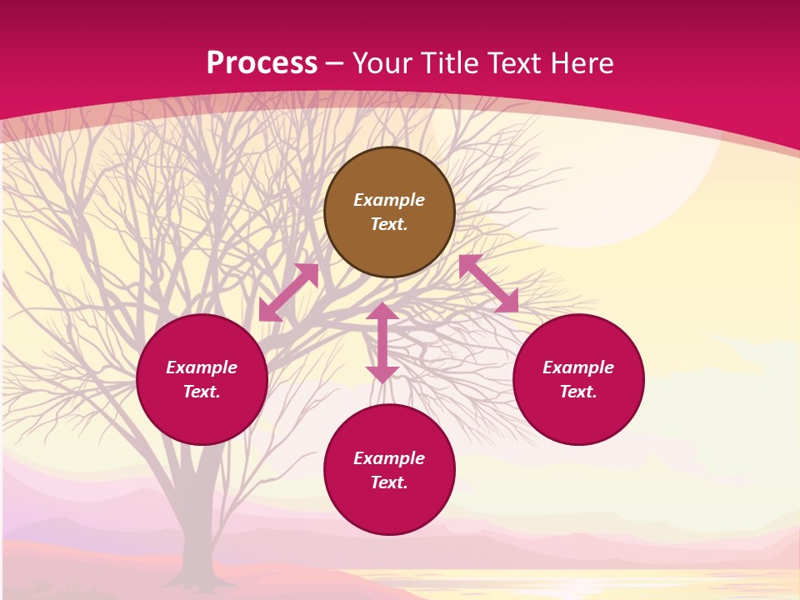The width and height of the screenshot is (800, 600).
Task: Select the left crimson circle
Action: (202, 417)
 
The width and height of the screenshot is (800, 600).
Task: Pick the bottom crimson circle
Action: (389, 508)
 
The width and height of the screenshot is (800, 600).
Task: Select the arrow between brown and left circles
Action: (288, 292)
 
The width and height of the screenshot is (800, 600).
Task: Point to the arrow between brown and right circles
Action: (488, 283)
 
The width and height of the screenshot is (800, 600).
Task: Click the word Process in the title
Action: (262, 62)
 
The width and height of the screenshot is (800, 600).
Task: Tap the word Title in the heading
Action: (448, 62)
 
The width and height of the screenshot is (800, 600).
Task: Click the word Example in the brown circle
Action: (389, 200)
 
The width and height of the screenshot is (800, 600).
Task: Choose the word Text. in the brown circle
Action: (389, 224)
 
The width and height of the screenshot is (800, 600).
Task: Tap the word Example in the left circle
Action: (202, 367)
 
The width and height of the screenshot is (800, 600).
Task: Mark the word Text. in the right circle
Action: (578, 392)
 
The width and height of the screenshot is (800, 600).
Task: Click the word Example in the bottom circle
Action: (389, 458)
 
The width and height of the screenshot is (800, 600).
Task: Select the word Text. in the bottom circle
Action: (389, 482)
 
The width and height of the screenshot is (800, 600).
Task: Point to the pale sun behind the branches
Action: (608, 183)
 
